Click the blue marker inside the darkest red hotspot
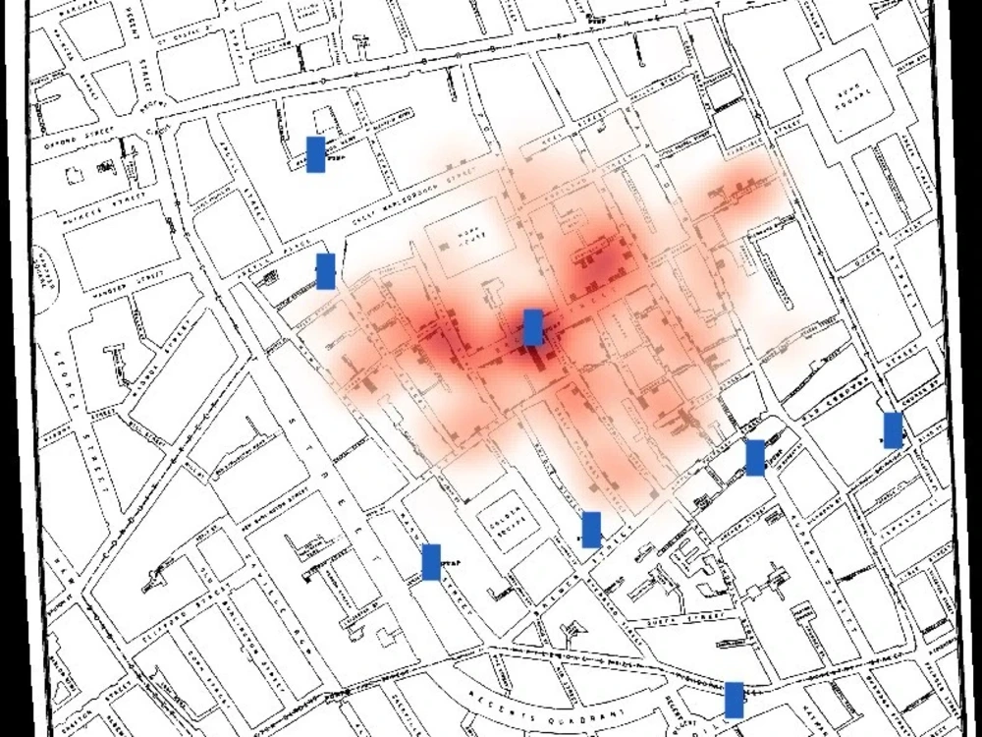pos(532,327)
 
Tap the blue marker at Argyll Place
pos(325,271)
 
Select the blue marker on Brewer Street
pos(590,530)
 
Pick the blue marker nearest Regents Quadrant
pos(734,700)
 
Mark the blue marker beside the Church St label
pos(893,430)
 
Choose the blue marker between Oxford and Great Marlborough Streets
pos(315,154)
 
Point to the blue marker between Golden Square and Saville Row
pos(430,562)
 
